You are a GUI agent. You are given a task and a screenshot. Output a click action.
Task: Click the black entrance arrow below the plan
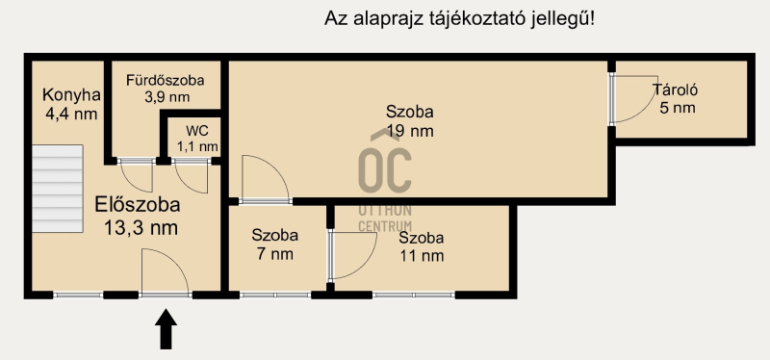[166, 329]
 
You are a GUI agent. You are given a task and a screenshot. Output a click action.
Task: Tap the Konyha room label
[71, 94]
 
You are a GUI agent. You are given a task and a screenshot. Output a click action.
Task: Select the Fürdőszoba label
[165, 80]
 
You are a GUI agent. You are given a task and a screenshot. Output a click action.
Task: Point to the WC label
[197, 131]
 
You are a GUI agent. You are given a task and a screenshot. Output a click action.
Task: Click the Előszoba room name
[138, 204]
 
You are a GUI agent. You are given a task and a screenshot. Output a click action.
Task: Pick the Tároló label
[676, 90]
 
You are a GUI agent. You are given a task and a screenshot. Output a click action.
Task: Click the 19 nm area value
[410, 131]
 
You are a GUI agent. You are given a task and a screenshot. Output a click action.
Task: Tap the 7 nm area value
[275, 254]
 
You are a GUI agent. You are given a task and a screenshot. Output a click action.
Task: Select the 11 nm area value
[422, 255]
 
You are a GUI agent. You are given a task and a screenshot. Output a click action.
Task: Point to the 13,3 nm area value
[141, 227]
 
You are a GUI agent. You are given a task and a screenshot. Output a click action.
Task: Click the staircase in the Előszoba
[57, 188]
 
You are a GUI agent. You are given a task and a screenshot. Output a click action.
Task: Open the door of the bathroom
[137, 175]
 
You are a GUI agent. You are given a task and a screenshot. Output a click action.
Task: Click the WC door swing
[192, 176]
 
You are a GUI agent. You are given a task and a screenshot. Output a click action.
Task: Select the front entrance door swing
[165, 272]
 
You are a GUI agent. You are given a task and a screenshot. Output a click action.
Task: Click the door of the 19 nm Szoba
[266, 179]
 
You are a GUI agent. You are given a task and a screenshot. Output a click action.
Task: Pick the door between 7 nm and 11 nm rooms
[352, 255]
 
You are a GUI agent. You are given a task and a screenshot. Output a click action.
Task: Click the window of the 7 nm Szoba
[275, 296]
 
